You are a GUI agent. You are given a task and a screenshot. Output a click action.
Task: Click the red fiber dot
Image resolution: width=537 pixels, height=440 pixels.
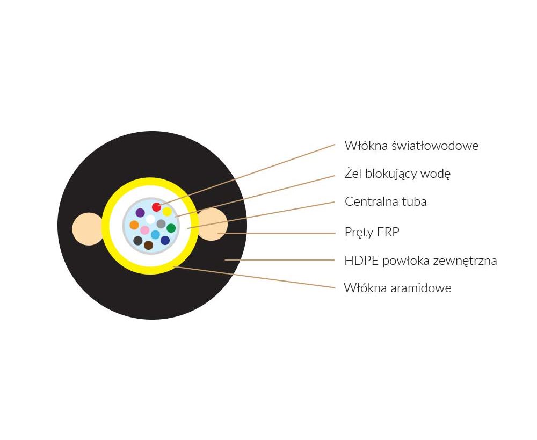[x=156, y=207]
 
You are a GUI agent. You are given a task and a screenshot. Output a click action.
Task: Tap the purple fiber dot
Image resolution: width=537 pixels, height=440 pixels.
[x=140, y=213]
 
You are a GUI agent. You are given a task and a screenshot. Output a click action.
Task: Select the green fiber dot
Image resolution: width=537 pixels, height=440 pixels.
[x=171, y=228]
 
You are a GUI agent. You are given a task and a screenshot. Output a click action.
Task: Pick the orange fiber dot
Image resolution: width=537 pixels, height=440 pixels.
[x=134, y=225]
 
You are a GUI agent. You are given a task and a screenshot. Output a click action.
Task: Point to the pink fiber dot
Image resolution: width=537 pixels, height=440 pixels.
[x=145, y=230]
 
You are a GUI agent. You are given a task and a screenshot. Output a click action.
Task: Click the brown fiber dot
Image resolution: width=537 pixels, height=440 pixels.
[x=148, y=246]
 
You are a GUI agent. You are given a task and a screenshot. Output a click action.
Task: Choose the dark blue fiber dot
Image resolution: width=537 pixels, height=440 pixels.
[x=165, y=240]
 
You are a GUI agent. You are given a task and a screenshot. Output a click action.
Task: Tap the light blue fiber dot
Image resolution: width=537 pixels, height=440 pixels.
[x=156, y=235]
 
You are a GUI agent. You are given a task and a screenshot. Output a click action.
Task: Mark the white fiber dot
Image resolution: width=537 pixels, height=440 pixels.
[x=150, y=219]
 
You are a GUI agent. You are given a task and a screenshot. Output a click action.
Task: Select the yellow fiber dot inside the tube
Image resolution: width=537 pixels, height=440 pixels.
[x=167, y=212]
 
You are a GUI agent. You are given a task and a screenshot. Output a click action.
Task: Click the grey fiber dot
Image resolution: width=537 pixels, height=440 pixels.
[x=161, y=224]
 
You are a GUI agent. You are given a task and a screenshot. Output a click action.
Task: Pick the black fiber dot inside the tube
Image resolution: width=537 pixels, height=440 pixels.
[x=137, y=241]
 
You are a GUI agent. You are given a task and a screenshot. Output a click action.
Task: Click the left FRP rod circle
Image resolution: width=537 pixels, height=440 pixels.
[x=88, y=229]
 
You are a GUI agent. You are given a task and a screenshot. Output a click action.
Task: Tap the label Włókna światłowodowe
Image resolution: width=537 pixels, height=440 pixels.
[x=411, y=146]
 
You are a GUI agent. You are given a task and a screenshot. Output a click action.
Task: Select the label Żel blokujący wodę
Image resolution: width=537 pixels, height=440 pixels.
[x=397, y=174]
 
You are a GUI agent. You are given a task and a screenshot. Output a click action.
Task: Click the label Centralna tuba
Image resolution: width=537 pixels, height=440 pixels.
[x=386, y=201]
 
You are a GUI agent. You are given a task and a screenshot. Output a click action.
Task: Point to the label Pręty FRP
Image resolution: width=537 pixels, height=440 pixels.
[x=372, y=232]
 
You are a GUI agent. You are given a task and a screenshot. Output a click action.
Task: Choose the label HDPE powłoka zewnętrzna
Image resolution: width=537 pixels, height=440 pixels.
[x=420, y=261]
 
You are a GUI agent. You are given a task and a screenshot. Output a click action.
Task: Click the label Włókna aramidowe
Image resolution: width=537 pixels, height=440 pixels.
[x=397, y=288]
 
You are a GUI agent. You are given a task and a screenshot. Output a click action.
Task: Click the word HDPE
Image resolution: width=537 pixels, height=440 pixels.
[x=361, y=261]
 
